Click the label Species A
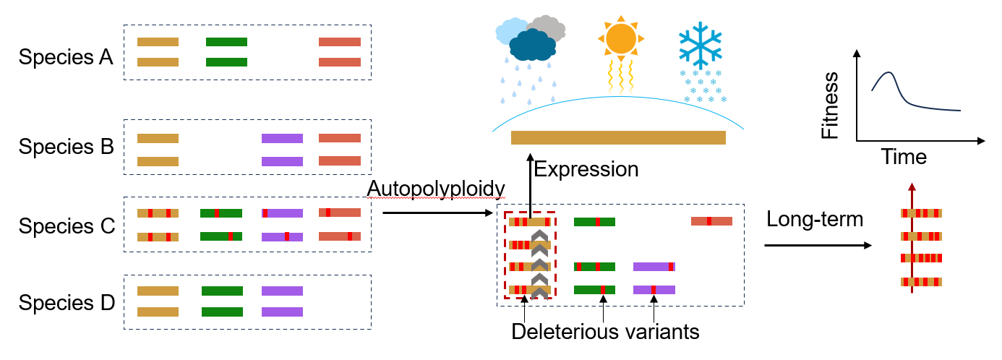tap(66, 57)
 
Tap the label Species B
tap(67, 147)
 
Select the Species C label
tap(67, 226)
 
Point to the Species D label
tap(67, 303)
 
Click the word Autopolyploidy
tap(436, 189)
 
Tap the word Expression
tap(586, 169)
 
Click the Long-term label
tap(815, 220)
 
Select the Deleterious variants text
tap(605, 332)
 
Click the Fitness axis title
tap(830, 106)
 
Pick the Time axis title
tap(904, 157)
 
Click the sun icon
tap(620, 39)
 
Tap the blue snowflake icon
tap(700, 46)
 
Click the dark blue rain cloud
tap(532, 45)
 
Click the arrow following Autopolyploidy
tap(437, 213)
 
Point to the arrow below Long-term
tap(818, 245)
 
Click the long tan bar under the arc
tap(618, 138)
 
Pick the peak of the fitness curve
tap(888, 72)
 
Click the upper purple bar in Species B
tap(282, 139)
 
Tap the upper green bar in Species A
tap(226, 42)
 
